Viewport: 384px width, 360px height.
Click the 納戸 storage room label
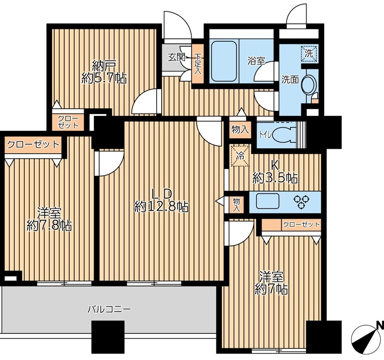point(104,72)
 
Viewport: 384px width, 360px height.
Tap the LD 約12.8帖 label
point(161,201)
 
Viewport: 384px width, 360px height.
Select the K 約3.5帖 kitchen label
point(275,172)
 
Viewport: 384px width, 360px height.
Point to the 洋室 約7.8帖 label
point(49,219)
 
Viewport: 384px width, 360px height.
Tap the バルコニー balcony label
point(109,309)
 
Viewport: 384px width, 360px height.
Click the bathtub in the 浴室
point(224,61)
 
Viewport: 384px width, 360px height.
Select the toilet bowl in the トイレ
point(284,134)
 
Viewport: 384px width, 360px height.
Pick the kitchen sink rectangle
point(268,201)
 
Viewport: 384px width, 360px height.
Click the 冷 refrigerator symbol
point(240,156)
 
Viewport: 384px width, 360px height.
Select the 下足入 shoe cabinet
point(197,64)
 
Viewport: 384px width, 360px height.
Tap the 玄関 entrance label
point(176,57)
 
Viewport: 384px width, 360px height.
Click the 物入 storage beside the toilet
point(240,129)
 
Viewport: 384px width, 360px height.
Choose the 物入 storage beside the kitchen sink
point(237,205)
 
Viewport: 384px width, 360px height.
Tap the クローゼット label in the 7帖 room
point(301,224)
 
